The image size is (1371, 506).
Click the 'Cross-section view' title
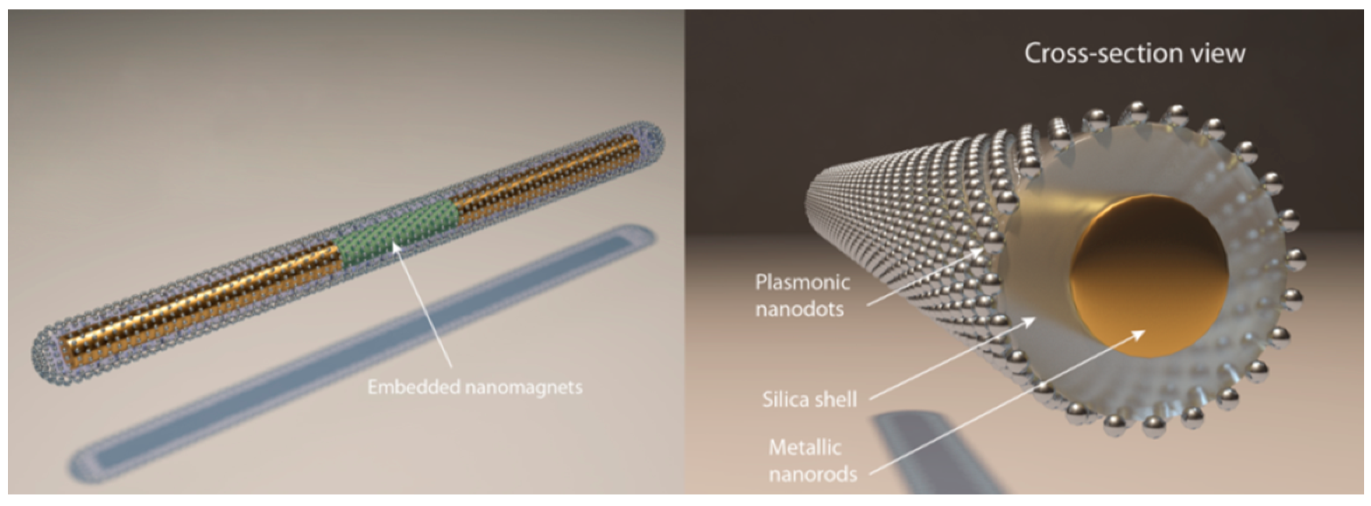click(x=1134, y=54)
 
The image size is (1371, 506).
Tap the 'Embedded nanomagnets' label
click(x=475, y=387)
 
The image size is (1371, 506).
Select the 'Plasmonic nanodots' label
click(x=802, y=295)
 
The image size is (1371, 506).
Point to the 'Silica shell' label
click(x=810, y=399)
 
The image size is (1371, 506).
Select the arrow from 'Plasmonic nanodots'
click(x=926, y=275)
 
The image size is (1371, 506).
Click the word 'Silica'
click(x=787, y=399)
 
